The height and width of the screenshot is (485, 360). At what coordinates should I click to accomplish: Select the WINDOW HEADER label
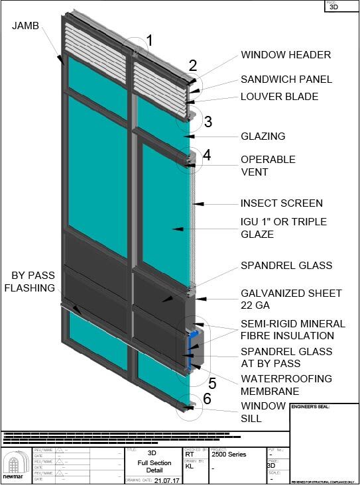click(x=286, y=55)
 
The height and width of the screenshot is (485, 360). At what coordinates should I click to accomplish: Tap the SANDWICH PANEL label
click(x=286, y=80)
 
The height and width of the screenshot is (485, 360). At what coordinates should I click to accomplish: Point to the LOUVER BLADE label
click(x=279, y=97)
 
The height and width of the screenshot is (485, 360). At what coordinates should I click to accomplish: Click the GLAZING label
click(x=263, y=136)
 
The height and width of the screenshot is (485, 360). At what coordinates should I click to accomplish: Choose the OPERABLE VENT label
click(x=268, y=166)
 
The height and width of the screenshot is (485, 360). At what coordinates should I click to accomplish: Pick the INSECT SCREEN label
click(x=282, y=203)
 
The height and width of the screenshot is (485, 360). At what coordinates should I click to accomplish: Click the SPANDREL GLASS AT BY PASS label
click(x=286, y=357)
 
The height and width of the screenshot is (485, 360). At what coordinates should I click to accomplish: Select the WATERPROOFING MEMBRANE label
click(x=286, y=385)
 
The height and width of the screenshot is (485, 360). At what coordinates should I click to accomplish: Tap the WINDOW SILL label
click(x=259, y=412)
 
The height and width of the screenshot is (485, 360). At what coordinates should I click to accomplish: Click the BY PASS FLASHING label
click(x=32, y=282)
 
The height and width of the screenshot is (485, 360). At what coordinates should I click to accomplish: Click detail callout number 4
click(x=207, y=155)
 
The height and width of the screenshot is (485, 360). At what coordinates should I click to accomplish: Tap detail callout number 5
click(x=212, y=382)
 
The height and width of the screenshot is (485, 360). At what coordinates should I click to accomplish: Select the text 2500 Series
click(x=229, y=455)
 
